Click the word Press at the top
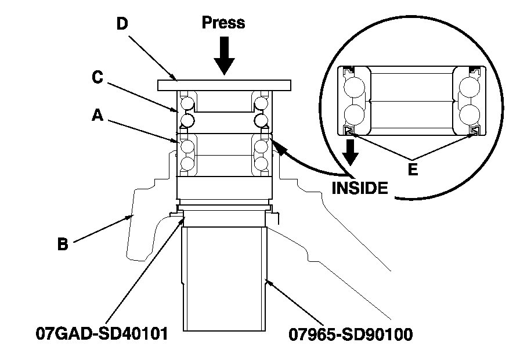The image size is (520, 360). click(x=223, y=23)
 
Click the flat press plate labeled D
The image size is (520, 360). click(x=223, y=85)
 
